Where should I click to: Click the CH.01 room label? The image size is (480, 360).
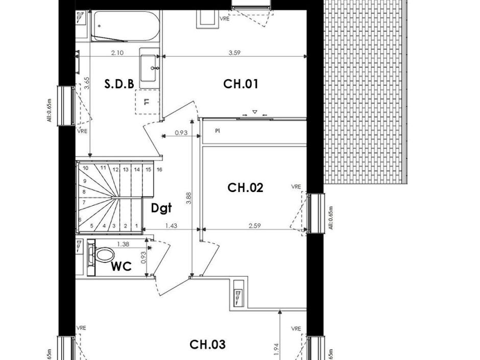point(241,84)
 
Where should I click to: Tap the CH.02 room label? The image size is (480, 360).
point(245,188)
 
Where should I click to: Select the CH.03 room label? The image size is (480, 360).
point(207,345)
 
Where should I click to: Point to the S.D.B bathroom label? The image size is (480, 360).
point(119,84)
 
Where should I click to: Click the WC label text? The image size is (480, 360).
point(122,267)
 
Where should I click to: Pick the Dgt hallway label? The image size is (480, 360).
point(161,208)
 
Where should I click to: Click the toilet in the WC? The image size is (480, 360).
point(102,254)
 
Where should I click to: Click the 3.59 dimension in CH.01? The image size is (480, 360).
point(234,53)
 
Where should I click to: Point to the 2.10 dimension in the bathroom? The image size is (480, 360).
point(117,53)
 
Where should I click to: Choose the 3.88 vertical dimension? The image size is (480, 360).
point(189,198)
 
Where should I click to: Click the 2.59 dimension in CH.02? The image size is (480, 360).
point(255,225)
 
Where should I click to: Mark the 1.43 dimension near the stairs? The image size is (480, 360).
point(171,225)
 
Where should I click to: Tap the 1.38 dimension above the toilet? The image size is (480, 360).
point(123,244)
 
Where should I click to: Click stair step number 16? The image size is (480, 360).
point(159,170)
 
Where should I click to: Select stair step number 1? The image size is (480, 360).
point(136,225)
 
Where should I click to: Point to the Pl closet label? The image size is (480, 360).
point(217,131)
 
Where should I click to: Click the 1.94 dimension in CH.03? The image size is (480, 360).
point(276,348)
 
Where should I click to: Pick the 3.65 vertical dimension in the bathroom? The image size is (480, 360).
point(86,83)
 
